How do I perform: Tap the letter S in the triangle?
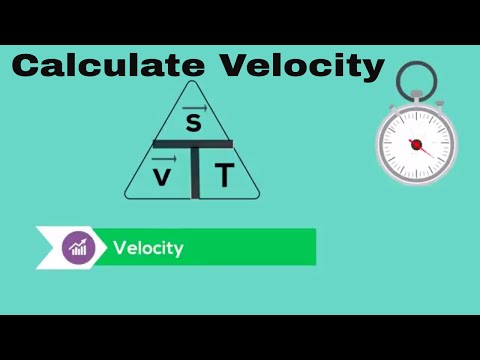194,123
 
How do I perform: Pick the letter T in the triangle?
224,176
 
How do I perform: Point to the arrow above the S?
194,106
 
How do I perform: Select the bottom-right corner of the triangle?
260,197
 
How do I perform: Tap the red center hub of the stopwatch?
416,144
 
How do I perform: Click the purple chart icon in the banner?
77,247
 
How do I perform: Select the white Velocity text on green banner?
148,248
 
